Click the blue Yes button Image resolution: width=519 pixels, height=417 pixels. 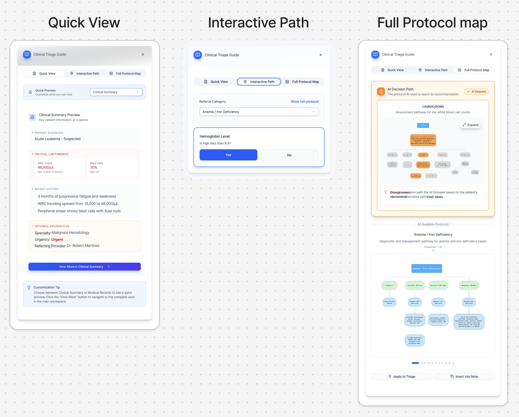228,155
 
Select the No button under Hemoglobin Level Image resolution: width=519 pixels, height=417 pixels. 289,155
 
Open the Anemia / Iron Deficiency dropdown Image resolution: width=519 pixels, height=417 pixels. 259,112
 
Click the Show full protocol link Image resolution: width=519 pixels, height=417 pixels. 304,101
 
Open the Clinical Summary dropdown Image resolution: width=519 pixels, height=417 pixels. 116,92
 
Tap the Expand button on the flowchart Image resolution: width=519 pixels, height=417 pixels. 470,125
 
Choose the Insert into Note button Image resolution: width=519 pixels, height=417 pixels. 464,377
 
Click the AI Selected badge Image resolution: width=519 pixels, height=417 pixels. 476,91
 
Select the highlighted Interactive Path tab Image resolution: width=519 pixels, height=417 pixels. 259,82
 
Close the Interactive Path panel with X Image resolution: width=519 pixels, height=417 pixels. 320,55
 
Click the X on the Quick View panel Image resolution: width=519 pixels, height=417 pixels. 143,54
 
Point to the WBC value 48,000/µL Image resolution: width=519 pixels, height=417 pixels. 46,167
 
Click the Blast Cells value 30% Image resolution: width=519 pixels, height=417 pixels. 94,167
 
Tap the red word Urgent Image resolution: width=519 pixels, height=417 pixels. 57,240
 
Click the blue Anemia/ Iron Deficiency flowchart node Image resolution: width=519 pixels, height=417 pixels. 427,269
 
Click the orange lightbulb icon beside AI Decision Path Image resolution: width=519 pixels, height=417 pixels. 381,91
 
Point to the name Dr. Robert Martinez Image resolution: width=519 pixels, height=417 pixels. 83,246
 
